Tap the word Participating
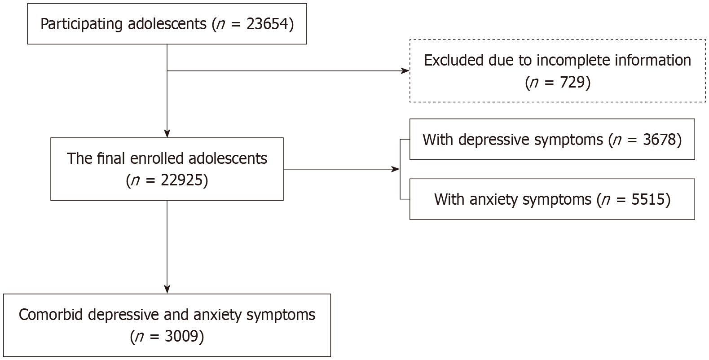81,24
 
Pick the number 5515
647,199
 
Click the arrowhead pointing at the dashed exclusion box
406,71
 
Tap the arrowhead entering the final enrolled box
167,134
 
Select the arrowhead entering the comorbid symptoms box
167,290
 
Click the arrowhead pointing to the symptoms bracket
396,169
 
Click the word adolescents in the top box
168,24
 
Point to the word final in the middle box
105,158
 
